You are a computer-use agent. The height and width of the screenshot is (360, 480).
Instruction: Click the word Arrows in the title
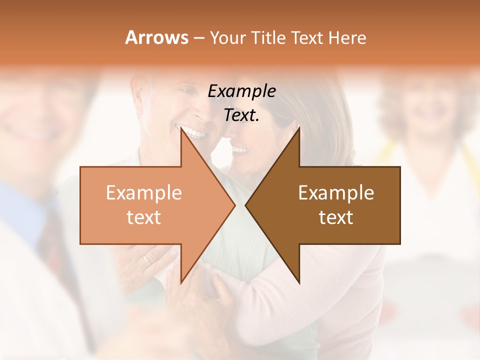pos(156,37)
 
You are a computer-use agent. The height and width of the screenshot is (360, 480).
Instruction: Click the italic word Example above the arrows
pos(241,91)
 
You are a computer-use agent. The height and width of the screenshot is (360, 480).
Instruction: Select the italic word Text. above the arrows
pos(241,115)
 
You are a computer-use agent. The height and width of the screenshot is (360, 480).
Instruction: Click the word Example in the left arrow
pos(143,193)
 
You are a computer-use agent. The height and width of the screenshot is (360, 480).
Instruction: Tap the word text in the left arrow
pos(143,217)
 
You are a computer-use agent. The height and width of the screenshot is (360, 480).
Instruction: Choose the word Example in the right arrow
pos(336,193)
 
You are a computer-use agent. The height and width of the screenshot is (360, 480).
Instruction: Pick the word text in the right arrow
pos(336,217)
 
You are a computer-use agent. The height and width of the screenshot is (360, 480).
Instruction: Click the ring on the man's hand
pos(145,259)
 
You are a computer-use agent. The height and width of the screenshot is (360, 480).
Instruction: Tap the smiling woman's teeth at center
pos(239,149)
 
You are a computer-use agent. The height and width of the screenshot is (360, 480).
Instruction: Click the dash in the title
pos(198,38)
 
